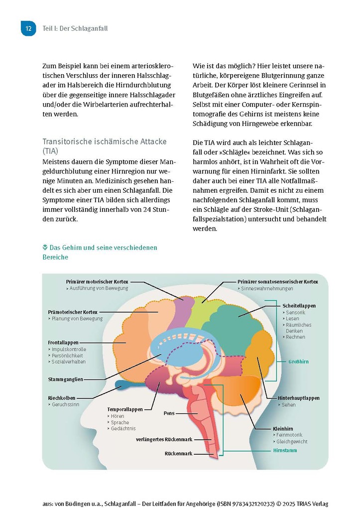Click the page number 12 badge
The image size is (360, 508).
pyautogui.click(x=28, y=28)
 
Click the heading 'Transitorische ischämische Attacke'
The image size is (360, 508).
pyautogui.click(x=104, y=141)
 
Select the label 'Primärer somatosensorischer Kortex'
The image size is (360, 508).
pyautogui.click(x=277, y=282)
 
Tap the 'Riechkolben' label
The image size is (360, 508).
pyautogui.click(x=62, y=398)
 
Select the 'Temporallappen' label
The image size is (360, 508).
pyautogui.click(x=125, y=409)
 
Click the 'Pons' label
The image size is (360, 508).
pyautogui.click(x=169, y=413)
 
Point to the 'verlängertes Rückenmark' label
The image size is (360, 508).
pyautogui.click(x=164, y=439)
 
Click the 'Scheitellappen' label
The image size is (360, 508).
pyautogui.click(x=299, y=306)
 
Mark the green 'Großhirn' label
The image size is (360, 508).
pyautogui.click(x=299, y=362)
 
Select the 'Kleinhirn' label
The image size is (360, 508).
pyautogui.click(x=283, y=428)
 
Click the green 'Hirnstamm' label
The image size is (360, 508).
pyautogui.click(x=285, y=450)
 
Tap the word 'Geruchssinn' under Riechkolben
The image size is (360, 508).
pyautogui.click(x=65, y=405)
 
